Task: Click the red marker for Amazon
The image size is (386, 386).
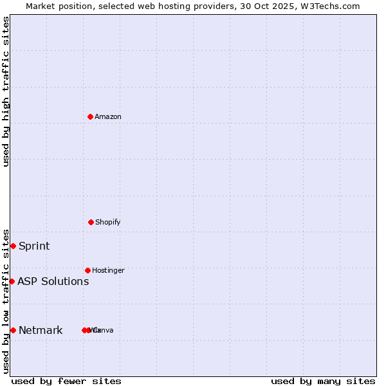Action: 90,116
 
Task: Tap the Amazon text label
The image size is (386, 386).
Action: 108,117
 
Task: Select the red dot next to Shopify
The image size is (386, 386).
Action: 91,222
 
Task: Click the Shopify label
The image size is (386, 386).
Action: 108,223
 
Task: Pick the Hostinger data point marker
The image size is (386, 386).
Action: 87,270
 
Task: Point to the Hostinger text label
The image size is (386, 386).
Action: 108,271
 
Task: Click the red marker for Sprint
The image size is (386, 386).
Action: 13,246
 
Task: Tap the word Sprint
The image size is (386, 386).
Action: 34,246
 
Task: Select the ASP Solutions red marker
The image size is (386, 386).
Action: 12,281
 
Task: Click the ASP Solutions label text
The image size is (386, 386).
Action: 53,282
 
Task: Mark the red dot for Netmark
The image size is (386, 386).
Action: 13,330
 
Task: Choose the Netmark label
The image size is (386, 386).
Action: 41,331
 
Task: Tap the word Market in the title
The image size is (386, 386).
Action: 41,6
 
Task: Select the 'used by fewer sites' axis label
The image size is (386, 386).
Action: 66,381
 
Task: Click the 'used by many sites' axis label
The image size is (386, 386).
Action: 323,381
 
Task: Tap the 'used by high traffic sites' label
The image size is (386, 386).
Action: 6,91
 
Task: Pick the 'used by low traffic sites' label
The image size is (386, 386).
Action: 6,301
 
